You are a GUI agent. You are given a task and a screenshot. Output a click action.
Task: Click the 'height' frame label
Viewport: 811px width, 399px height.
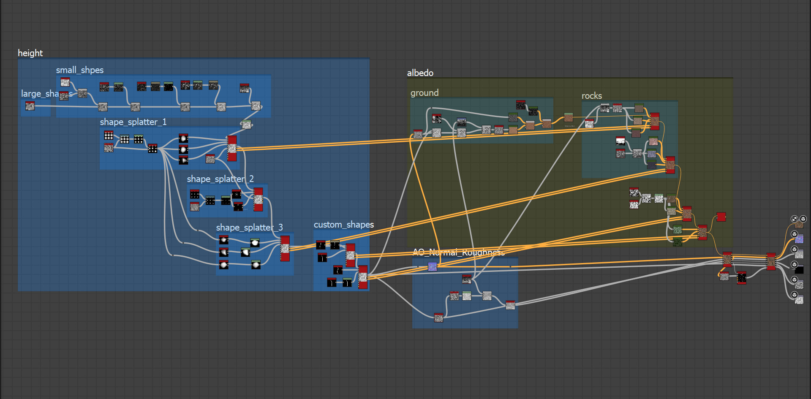[30, 53]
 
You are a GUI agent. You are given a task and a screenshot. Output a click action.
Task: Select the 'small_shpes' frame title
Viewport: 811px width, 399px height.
[80, 70]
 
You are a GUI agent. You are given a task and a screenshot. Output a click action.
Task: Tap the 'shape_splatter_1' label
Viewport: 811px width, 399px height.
[133, 122]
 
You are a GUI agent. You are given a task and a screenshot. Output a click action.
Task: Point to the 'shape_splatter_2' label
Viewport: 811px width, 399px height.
[220, 179]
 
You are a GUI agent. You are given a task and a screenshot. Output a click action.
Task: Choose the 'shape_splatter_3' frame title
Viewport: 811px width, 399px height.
[249, 228]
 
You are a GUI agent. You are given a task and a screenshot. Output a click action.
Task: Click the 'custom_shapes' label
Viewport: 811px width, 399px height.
[343, 225]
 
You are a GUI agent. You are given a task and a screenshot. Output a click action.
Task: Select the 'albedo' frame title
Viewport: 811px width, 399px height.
[420, 73]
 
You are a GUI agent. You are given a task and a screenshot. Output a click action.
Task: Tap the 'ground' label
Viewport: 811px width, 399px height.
[424, 93]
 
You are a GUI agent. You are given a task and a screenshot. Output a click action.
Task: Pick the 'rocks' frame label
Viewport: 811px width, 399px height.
[591, 96]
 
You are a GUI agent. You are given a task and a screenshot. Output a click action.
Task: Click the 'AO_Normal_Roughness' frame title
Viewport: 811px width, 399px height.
[458, 252]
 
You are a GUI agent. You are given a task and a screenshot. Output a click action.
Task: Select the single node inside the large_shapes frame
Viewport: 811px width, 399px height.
[30, 106]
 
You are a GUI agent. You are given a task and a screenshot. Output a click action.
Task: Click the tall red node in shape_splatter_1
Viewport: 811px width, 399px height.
[232, 148]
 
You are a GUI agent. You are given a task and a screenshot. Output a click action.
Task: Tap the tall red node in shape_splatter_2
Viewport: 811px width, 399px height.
[258, 199]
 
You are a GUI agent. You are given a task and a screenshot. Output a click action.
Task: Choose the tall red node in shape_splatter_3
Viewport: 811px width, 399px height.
[285, 248]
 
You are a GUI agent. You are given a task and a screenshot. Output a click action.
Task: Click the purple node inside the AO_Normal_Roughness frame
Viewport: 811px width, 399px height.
[432, 266]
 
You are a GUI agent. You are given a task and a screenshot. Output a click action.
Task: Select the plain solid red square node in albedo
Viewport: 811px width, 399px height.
[721, 217]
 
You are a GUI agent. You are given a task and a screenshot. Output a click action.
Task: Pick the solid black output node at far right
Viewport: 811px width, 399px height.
[799, 270]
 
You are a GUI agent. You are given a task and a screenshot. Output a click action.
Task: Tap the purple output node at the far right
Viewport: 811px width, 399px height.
[799, 239]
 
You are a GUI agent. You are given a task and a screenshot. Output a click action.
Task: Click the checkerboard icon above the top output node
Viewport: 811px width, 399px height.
[795, 219]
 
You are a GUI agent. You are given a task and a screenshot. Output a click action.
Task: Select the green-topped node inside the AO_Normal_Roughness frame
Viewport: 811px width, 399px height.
[467, 296]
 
